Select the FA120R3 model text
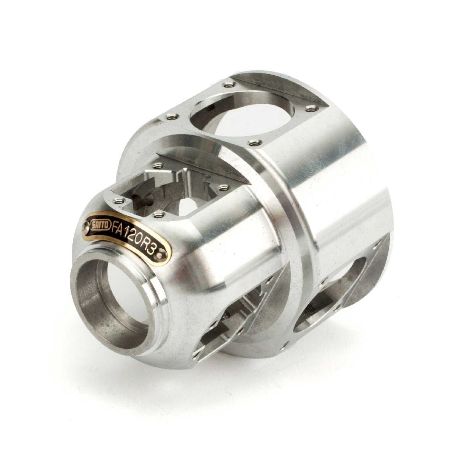132,238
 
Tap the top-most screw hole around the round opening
229,84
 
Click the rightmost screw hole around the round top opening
311,108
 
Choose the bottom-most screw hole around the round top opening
254,143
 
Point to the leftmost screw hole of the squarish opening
119,201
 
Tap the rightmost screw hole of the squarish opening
223,187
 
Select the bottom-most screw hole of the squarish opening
158,215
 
